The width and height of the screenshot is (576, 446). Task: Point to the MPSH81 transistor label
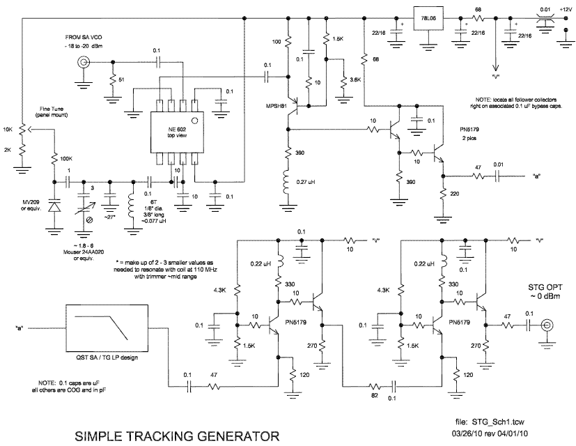pyautogui.click(x=274, y=107)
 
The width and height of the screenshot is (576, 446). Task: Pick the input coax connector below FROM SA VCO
pyautogui.click(x=84, y=63)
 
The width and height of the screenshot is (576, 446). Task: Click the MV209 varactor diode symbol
pyautogui.click(x=54, y=207)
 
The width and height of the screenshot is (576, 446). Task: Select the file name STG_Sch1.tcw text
pyautogui.click(x=488, y=422)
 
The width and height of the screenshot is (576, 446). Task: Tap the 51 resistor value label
pyautogui.click(x=123, y=80)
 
